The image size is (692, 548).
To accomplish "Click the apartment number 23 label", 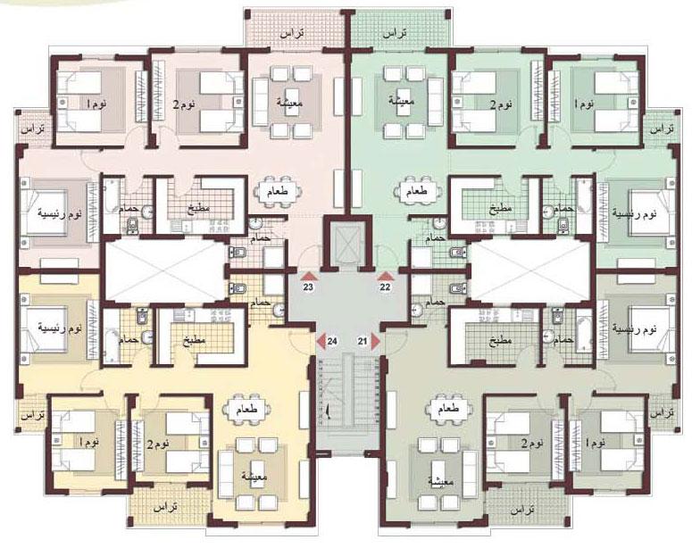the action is (308, 287).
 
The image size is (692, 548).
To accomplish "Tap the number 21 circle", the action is (363, 341).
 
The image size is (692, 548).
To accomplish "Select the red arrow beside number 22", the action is (385, 276).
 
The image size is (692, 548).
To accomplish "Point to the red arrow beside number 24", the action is (321, 341).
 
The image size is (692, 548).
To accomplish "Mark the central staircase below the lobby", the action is (347, 403).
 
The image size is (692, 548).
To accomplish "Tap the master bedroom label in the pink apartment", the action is (60, 215).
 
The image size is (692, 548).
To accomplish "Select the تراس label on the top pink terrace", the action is (292, 34).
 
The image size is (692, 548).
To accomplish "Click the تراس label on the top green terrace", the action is (395, 34).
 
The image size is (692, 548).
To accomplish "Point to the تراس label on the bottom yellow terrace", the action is (165, 508).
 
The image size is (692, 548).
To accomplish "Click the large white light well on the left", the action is (165, 271).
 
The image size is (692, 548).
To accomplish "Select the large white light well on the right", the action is (530, 271).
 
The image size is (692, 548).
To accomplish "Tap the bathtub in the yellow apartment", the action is (112, 337).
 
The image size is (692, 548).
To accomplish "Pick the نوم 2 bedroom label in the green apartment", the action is (502, 104).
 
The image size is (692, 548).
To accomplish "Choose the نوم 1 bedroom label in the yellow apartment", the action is (89, 442).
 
